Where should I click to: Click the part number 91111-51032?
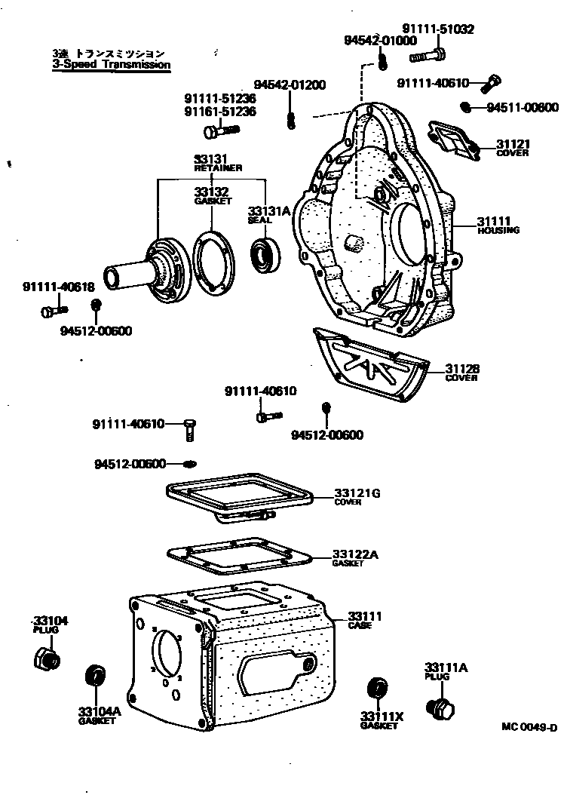point(437,29)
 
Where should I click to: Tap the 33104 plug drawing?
point(46,659)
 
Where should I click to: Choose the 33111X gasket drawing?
point(376,689)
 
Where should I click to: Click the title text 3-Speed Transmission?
point(111,65)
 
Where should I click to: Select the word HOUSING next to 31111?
point(498,230)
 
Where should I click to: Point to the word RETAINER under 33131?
point(211,168)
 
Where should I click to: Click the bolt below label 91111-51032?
point(428,55)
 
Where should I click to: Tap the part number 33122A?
point(355,555)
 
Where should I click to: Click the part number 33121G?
point(357,494)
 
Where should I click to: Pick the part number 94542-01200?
point(290,84)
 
